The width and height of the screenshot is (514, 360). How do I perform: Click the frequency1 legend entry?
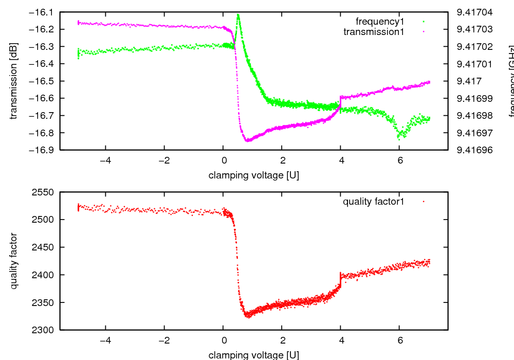(x=380, y=21)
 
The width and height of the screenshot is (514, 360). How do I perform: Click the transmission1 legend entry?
(x=374, y=31)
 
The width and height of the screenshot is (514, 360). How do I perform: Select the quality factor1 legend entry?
(x=374, y=202)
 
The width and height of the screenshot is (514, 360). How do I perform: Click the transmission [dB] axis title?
(x=14, y=81)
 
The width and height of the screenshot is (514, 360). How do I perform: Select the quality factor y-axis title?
(x=14, y=261)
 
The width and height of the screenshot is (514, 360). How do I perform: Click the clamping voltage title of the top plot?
(x=253, y=175)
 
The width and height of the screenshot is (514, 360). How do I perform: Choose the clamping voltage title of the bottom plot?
(x=253, y=355)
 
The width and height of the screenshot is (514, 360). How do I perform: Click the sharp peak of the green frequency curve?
(x=238, y=15)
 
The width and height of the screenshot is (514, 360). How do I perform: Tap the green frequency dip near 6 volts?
(x=399, y=137)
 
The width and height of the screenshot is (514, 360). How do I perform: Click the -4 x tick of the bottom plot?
(x=105, y=340)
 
